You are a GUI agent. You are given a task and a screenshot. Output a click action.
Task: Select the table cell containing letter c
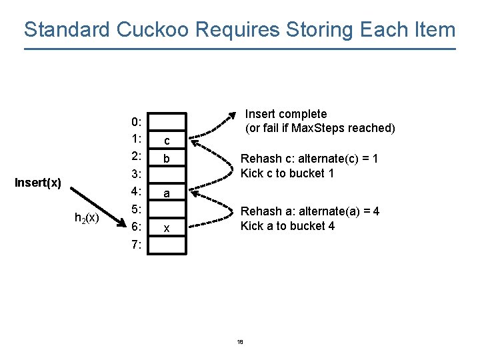(x=167, y=141)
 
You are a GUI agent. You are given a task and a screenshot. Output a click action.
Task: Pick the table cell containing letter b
(x=167, y=159)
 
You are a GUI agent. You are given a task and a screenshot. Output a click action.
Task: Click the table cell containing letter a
(x=167, y=193)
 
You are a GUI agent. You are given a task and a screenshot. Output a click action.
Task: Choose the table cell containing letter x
(x=167, y=228)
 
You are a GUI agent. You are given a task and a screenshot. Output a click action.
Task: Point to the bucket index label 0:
(x=136, y=122)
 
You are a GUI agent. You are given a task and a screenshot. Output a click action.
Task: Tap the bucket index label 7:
(x=136, y=245)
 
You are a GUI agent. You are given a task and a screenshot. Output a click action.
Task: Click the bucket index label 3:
(x=136, y=175)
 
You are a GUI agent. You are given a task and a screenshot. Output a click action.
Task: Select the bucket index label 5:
(x=136, y=210)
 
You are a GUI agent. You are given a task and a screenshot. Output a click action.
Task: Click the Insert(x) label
(x=38, y=183)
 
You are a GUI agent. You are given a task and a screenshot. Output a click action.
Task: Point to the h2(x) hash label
(x=87, y=217)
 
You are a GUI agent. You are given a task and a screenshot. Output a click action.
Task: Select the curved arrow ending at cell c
(x=213, y=160)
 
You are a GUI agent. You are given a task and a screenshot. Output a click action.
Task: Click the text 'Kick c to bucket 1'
(x=287, y=173)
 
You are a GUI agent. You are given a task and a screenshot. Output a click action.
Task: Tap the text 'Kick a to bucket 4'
(x=287, y=226)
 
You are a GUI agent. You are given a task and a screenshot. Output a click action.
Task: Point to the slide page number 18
(x=240, y=342)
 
